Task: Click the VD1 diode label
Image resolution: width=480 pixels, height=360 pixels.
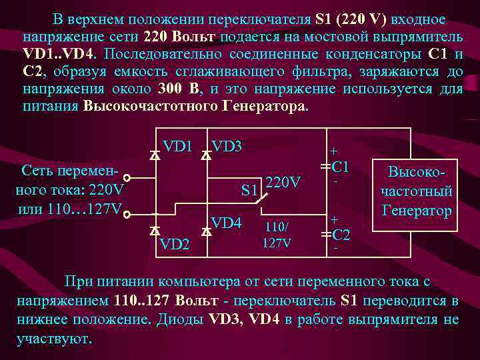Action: click(x=178, y=146)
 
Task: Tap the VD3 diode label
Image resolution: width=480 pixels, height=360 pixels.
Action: click(x=227, y=146)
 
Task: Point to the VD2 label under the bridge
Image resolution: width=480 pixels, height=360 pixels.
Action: click(x=175, y=245)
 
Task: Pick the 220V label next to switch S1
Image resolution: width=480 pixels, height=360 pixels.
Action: click(x=283, y=181)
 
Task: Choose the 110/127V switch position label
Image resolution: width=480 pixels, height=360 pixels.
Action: click(x=276, y=234)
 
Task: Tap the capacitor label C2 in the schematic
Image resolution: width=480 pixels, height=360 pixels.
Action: click(x=341, y=234)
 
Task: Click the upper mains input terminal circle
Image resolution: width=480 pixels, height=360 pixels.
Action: click(x=126, y=179)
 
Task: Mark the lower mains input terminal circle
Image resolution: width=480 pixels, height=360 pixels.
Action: click(x=126, y=215)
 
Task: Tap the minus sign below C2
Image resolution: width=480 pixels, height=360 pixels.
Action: click(x=335, y=249)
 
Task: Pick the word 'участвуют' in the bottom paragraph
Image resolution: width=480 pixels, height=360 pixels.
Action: click(x=55, y=338)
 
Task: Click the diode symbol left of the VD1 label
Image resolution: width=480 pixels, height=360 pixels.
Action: click(x=155, y=155)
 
